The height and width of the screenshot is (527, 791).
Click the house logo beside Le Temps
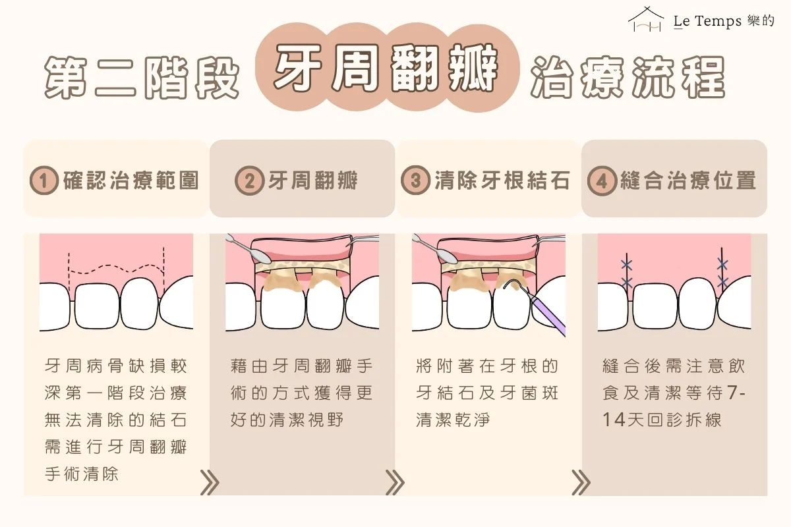[x=646, y=20]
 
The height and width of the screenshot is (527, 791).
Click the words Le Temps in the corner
[x=706, y=22]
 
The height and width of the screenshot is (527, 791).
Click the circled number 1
[x=45, y=180]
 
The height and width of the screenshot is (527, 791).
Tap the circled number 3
[x=416, y=180]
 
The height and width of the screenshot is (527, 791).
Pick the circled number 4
[x=602, y=180]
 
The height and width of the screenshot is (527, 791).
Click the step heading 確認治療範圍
[x=131, y=180]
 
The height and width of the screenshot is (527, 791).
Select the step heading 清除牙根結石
[x=502, y=180]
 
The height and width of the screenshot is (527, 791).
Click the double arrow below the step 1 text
[x=209, y=483]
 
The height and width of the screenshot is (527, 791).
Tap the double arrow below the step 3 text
[x=580, y=483]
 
